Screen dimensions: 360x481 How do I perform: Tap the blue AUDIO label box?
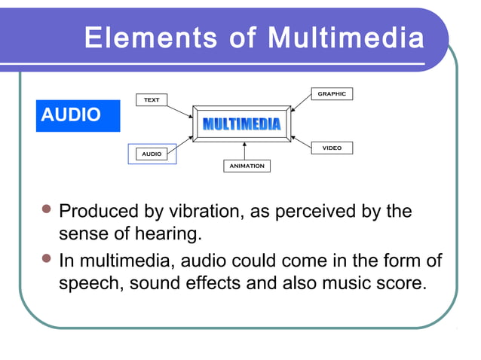(77, 115)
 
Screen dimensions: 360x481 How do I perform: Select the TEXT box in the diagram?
(152, 100)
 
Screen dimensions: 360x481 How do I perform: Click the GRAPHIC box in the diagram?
(332, 94)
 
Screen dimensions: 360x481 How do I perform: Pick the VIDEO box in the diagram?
(332, 148)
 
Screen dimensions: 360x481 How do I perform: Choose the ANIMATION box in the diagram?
(247, 166)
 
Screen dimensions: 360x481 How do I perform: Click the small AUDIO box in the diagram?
(152, 154)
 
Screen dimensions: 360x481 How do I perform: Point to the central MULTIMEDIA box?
(241, 124)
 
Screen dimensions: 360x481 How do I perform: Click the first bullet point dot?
(47, 209)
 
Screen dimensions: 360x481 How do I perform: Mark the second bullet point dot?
(47, 260)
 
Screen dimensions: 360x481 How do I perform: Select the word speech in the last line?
(88, 285)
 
